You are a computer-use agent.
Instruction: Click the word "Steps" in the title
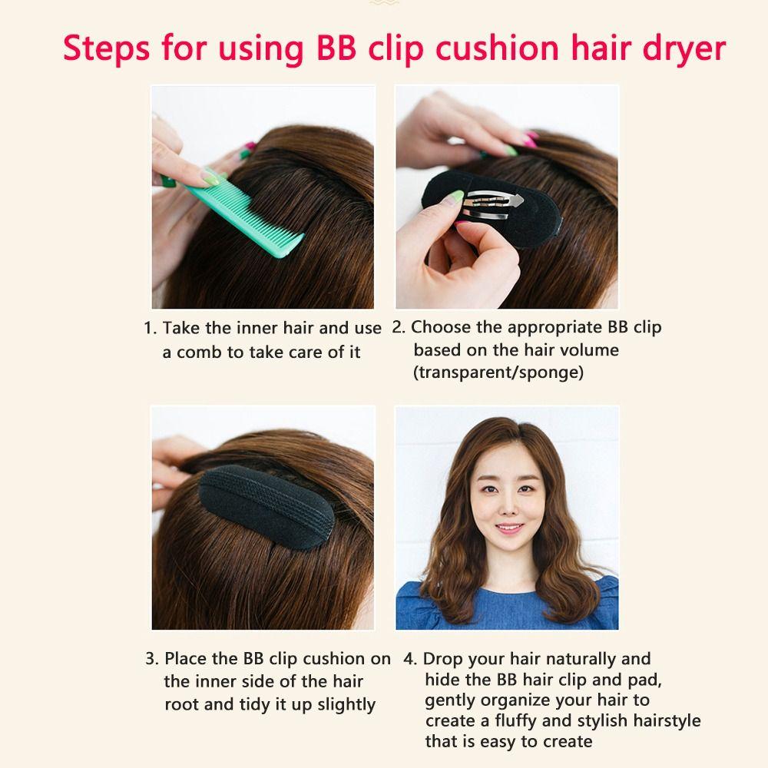click(x=106, y=48)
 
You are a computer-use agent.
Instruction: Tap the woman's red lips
click(x=508, y=530)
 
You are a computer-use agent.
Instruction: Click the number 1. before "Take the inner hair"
click(x=150, y=329)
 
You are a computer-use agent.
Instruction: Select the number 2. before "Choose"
click(x=398, y=327)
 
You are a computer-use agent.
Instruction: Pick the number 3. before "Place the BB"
click(x=151, y=659)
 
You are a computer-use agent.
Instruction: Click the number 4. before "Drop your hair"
click(x=410, y=659)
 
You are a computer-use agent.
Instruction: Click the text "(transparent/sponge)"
click(x=498, y=372)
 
